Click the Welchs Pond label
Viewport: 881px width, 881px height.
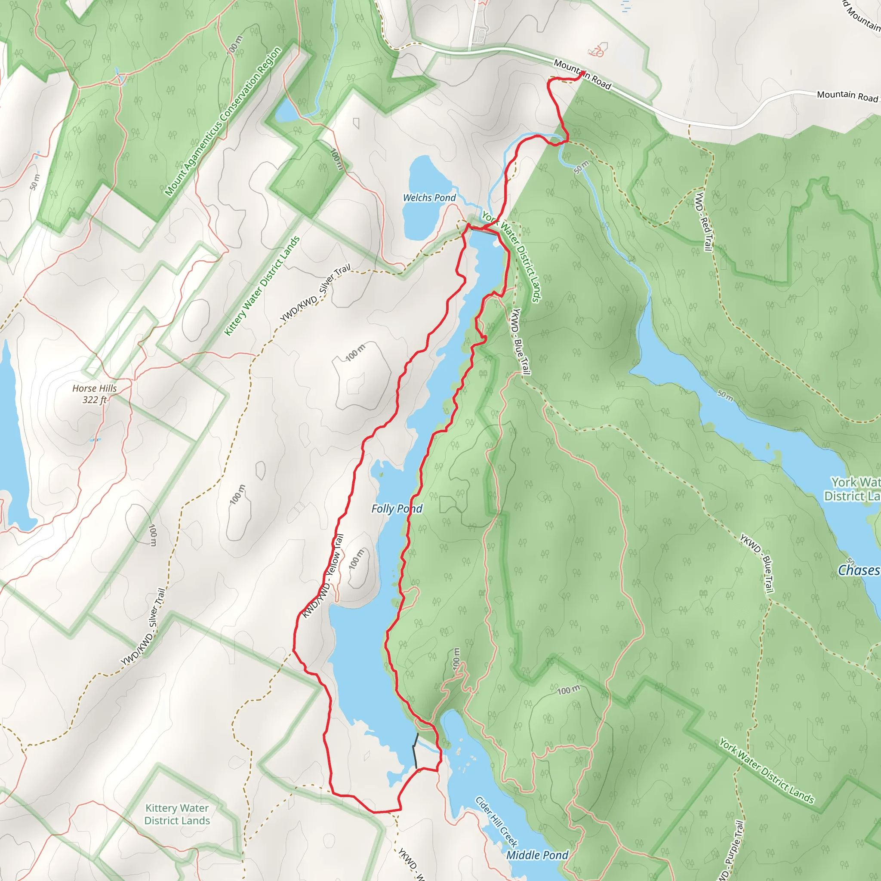429,197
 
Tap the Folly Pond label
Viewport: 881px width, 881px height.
397,508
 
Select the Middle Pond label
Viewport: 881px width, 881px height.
537,855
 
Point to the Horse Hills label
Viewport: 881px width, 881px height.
94,388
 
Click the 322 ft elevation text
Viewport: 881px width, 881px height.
94,400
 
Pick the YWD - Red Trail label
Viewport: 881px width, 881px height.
703,221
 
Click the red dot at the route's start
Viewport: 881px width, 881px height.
582,73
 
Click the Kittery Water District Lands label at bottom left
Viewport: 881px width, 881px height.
177,814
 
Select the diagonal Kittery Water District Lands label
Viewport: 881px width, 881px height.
262,286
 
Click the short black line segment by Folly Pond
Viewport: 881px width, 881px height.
415,751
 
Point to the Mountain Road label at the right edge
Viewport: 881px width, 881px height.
847,96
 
